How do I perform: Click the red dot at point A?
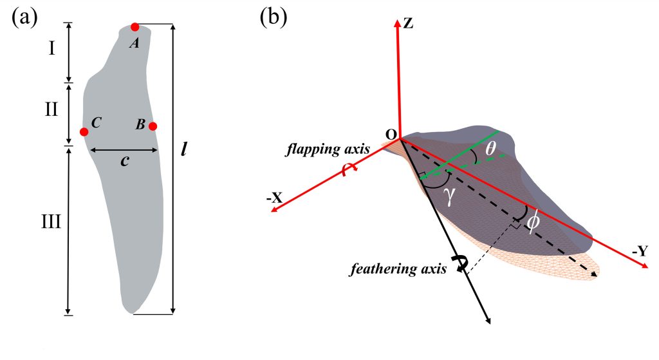(x=135, y=27)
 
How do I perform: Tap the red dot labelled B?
(x=153, y=126)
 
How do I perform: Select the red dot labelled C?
(x=84, y=132)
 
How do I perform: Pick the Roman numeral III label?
(x=50, y=223)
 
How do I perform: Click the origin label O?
(x=390, y=133)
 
